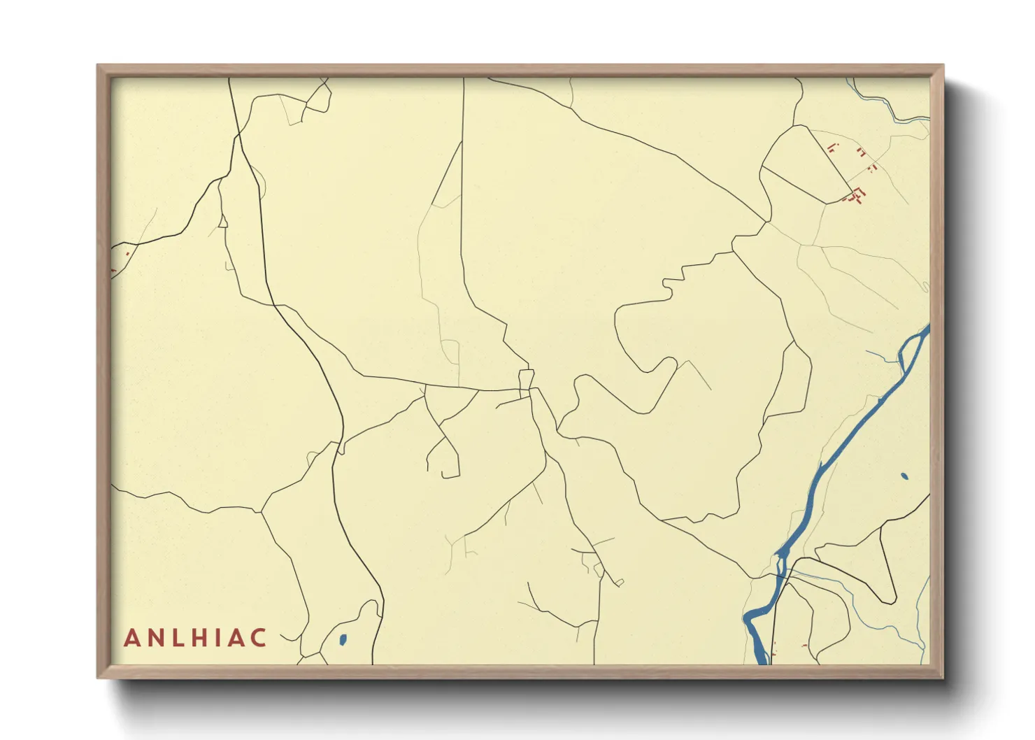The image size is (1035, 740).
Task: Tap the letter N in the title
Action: pyautogui.click(x=154, y=638)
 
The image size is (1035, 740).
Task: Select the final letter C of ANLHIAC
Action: pyautogui.click(x=259, y=638)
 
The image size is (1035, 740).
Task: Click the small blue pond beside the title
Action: pyautogui.click(x=343, y=639)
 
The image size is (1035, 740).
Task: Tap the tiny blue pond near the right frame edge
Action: pyautogui.click(x=904, y=476)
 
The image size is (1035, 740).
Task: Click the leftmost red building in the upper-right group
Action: pyautogui.click(x=831, y=147)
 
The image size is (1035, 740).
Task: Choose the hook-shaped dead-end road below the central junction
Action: pyautogui.click(x=443, y=458)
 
